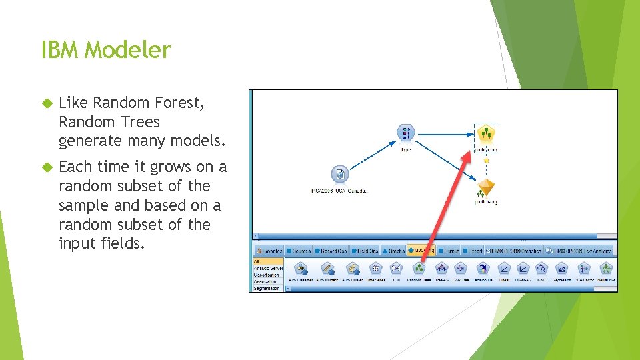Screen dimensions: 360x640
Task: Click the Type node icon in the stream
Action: coord(405,133)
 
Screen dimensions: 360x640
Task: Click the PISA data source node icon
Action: coord(340,175)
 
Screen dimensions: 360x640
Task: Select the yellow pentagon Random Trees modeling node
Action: coord(487,134)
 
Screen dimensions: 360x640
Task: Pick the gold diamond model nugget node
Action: coord(487,187)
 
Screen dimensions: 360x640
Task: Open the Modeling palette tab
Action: coord(420,251)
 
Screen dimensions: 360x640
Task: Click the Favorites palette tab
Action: coord(269,251)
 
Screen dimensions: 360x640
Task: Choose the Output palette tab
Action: coord(449,251)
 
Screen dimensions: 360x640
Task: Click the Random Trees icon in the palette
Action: coord(418,269)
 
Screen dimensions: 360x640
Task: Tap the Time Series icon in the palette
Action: coord(376,269)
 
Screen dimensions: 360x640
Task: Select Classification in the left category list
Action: coord(267,275)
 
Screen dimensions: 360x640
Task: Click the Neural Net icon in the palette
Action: coord(605,269)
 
